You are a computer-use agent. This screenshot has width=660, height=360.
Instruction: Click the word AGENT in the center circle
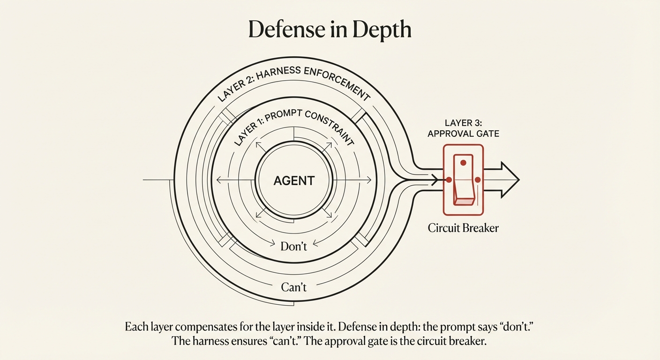(294, 180)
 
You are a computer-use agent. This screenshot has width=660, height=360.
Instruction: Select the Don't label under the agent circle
(294, 246)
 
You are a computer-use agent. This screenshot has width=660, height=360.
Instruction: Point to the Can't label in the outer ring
(294, 287)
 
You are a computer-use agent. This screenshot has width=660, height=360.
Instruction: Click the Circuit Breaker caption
(463, 228)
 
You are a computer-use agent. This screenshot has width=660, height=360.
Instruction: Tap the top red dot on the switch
(463, 163)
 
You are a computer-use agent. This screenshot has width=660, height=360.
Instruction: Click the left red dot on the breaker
(449, 180)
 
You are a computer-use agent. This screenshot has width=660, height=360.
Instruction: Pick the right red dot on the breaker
(478, 180)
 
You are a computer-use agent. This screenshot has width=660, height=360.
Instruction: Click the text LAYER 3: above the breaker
(463, 123)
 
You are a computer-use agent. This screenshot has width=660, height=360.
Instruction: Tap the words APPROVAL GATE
(463, 134)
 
